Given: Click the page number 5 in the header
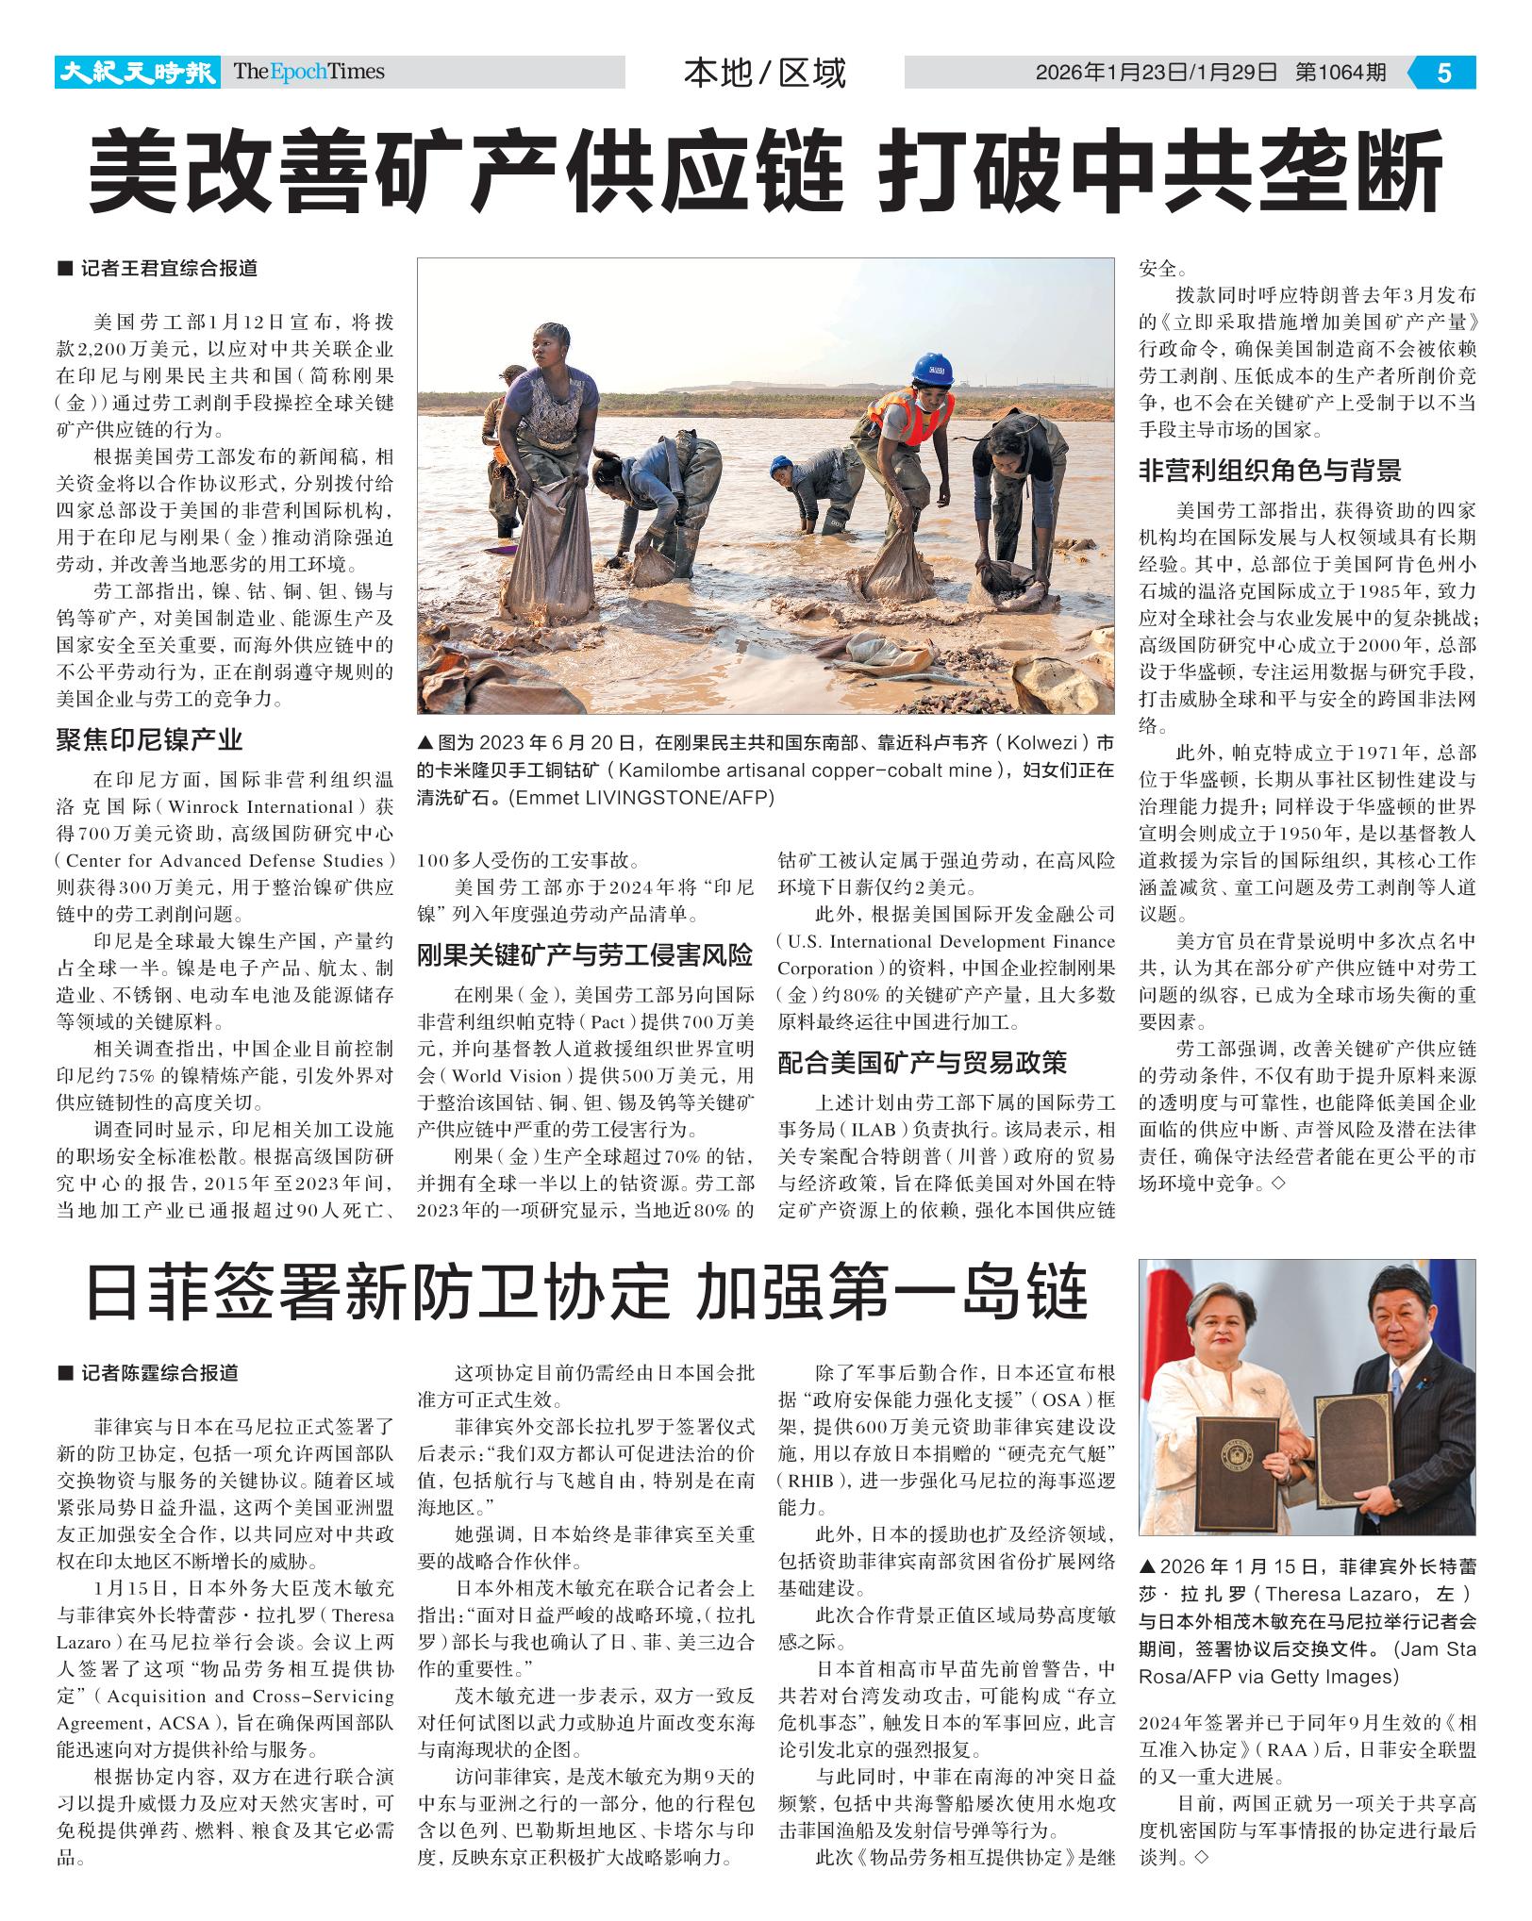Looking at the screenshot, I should click(x=1444, y=73).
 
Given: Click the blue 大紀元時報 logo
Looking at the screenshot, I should click(x=137, y=73).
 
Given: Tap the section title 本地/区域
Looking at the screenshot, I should click(x=765, y=73).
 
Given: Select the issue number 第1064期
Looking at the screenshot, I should click(x=1340, y=73).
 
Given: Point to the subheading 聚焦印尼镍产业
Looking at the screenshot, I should click(x=149, y=740).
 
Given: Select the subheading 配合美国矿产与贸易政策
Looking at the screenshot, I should click(x=922, y=1063).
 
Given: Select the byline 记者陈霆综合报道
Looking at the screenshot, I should click(x=158, y=1373).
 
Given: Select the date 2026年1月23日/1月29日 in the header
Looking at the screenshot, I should click(x=1156, y=73).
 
